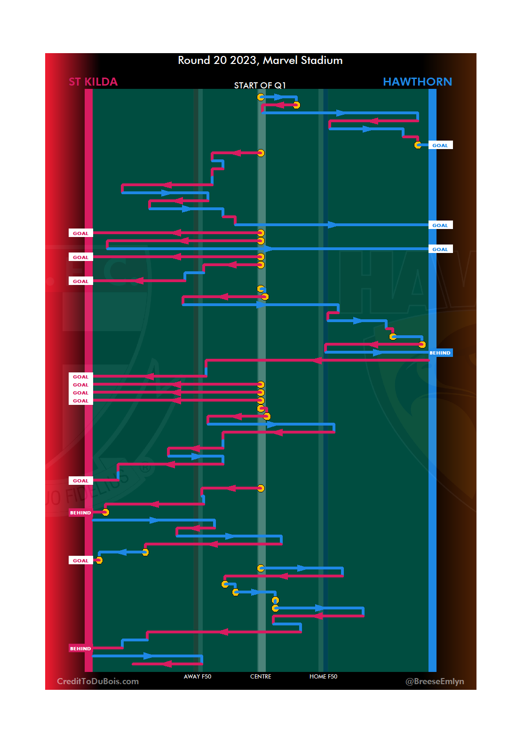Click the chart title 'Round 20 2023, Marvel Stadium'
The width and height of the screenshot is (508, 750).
point(260,60)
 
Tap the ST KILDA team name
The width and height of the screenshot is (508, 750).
point(93,82)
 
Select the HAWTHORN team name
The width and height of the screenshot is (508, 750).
point(417,82)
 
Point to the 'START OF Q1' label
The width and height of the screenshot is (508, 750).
point(260,85)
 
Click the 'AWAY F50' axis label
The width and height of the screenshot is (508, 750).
point(198,677)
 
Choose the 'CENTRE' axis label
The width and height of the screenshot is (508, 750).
point(261,677)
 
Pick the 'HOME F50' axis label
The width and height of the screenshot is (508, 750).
point(323,677)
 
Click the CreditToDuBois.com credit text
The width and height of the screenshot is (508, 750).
point(98,681)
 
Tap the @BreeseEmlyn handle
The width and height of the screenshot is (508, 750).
point(435,681)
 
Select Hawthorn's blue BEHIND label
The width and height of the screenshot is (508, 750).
point(440,353)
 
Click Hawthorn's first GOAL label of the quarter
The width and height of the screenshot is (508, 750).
point(440,145)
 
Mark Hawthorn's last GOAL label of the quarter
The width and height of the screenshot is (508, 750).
point(440,249)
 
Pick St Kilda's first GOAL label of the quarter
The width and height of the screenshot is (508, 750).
point(80,233)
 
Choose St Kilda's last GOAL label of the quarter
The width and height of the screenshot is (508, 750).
point(80,561)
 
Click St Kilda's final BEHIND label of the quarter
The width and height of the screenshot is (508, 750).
point(80,648)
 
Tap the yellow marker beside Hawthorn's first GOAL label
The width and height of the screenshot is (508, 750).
point(418,145)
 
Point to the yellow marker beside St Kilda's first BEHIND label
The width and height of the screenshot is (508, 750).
point(105,513)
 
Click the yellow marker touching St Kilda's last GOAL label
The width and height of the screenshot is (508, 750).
point(99,560)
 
